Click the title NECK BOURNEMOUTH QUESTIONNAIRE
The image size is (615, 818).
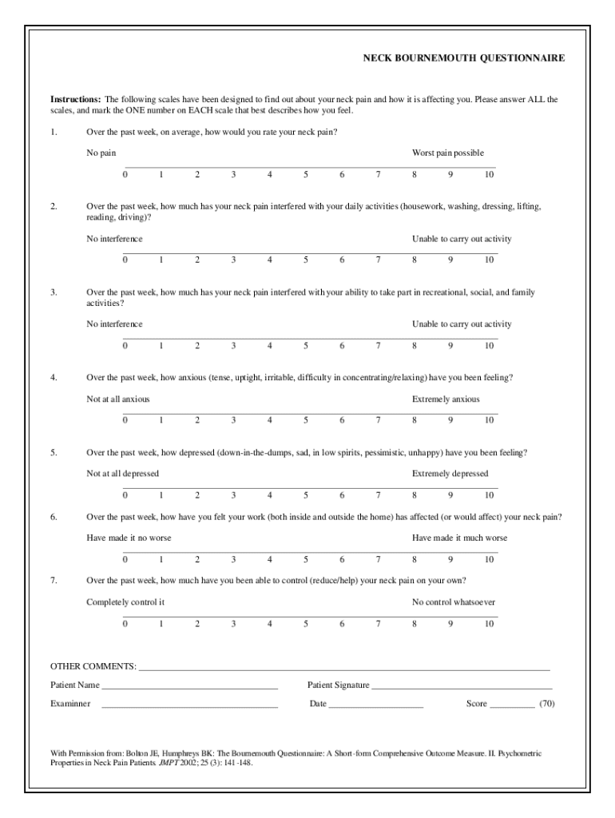[463, 58]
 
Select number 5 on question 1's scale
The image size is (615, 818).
[306, 174]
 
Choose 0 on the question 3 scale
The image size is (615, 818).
[125, 345]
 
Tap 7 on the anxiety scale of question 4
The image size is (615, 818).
[378, 420]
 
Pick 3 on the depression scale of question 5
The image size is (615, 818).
[233, 495]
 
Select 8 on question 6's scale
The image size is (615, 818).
[414, 559]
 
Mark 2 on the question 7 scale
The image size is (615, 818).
[197, 623]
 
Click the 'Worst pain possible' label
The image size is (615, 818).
[447, 153]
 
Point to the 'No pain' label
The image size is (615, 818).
[101, 153]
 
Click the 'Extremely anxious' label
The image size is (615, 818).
[446, 399]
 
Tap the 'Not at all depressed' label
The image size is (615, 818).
[122, 474]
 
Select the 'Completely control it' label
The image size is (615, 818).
[125, 602]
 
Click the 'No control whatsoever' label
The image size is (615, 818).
[453, 602]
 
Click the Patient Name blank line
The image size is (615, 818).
[189, 686]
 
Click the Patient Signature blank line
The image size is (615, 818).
[462, 686]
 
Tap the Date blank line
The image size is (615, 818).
[375, 705]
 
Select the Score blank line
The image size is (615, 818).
[512, 705]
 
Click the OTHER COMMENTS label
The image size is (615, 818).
[93, 666]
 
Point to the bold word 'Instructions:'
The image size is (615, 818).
[76, 100]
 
